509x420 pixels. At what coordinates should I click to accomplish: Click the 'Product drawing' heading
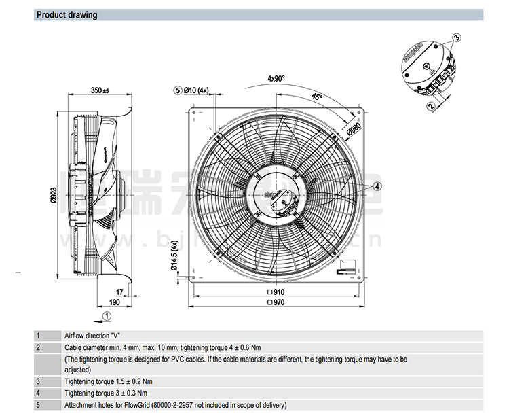(x=67, y=15)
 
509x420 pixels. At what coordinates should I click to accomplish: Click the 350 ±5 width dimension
(x=100, y=90)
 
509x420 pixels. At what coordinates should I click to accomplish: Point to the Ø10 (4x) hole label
(x=197, y=90)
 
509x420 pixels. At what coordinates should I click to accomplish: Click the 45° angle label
(x=316, y=97)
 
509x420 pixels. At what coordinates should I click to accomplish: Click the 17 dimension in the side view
(x=119, y=292)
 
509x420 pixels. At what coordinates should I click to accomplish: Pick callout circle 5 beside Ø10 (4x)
(x=178, y=90)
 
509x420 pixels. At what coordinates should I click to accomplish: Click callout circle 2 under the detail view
(x=430, y=106)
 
